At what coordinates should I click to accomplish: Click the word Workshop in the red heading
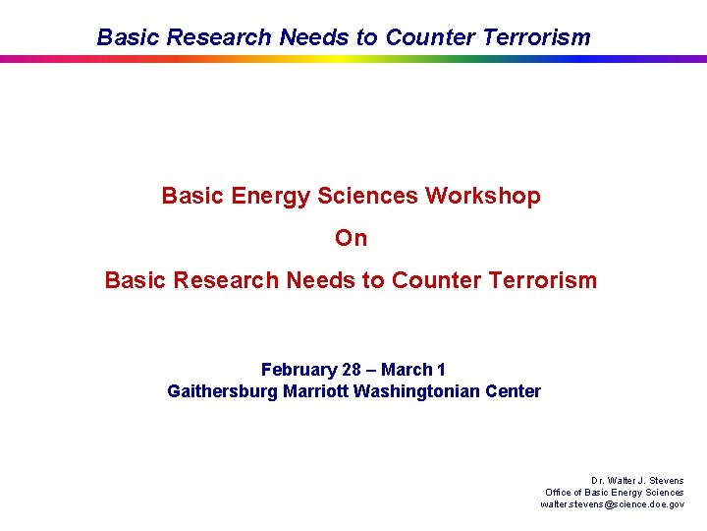coord(482,196)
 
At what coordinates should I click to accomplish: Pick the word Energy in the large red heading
coord(271,196)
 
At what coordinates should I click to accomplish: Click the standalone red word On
coord(351,238)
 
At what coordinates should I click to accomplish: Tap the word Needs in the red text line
coord(323,280)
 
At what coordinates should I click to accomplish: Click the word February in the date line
coord(299,370)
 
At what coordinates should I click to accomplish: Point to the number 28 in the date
coord(352,370)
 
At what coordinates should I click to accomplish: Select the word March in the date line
coord(407,370)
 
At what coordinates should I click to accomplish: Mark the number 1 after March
coord(441,370)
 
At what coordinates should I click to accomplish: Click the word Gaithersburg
coord(223,391)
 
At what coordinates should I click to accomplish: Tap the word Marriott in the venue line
coord(315,391)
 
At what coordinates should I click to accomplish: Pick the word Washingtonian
coord(419,391)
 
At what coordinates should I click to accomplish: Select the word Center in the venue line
coord(516,391)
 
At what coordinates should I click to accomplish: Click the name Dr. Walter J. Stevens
coord(637,481)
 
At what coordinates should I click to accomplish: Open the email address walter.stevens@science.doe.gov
coord(613,503)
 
